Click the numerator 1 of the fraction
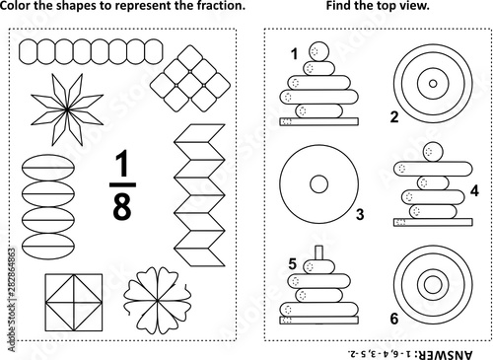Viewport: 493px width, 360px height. pos(122,164)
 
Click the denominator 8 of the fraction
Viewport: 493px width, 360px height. pos(122,205)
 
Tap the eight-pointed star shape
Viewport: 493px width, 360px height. pos(67,109)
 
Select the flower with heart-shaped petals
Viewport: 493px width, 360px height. pos(158,301)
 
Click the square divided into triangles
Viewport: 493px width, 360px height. pos(74,303)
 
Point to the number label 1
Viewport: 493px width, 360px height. pos(295,54)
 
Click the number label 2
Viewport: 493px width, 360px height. pos(394,117)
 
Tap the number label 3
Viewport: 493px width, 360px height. pos(360,214)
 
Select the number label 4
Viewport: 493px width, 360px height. pos(474,190)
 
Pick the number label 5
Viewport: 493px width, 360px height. pos(293,264)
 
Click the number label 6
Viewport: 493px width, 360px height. pos(394,319)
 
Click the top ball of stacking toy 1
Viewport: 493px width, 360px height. pos(318,51)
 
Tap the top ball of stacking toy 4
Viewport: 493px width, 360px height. pos(433,152)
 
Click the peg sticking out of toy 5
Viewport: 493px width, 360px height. pos(318,252)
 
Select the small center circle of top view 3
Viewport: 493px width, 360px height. pos(318,184)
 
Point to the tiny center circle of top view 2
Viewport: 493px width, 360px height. pos(433,84)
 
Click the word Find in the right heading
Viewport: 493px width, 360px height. pos(339,6)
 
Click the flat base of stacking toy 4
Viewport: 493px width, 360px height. pos(433,222)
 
